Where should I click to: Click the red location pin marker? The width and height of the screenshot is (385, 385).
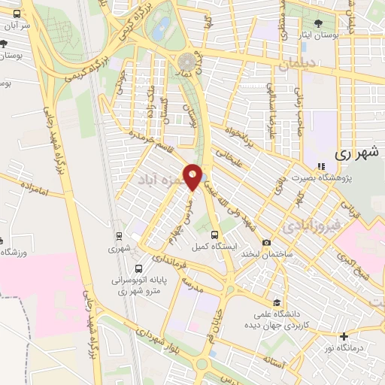pos(193,176)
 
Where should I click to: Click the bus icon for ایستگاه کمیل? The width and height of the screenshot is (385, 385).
pos(216,235)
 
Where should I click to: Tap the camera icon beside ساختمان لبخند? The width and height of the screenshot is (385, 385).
pos(266,242)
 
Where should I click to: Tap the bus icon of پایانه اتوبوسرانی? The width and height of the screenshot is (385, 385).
pos(138,268)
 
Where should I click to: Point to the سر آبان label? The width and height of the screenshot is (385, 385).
pos(16,26)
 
